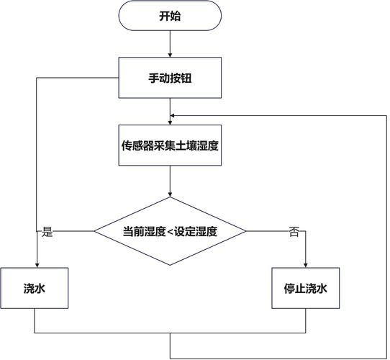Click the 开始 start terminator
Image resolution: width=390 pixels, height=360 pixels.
pos(170,16)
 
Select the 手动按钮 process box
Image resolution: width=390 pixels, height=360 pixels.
pos(170,78)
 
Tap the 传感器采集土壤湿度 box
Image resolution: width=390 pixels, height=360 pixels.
pos(170,144)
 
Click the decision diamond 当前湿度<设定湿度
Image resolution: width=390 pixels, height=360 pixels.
pos(170,231)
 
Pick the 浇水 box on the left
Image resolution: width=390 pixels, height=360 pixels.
pos(35,288)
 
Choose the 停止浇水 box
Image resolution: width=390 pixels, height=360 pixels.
pos(306,288)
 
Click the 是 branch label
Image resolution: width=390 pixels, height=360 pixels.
pos(48,232)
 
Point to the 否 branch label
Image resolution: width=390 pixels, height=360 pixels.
pos(294,232)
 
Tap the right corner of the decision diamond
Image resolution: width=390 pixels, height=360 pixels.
pos(245,231)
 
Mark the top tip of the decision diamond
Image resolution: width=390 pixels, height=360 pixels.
pos(170,198)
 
